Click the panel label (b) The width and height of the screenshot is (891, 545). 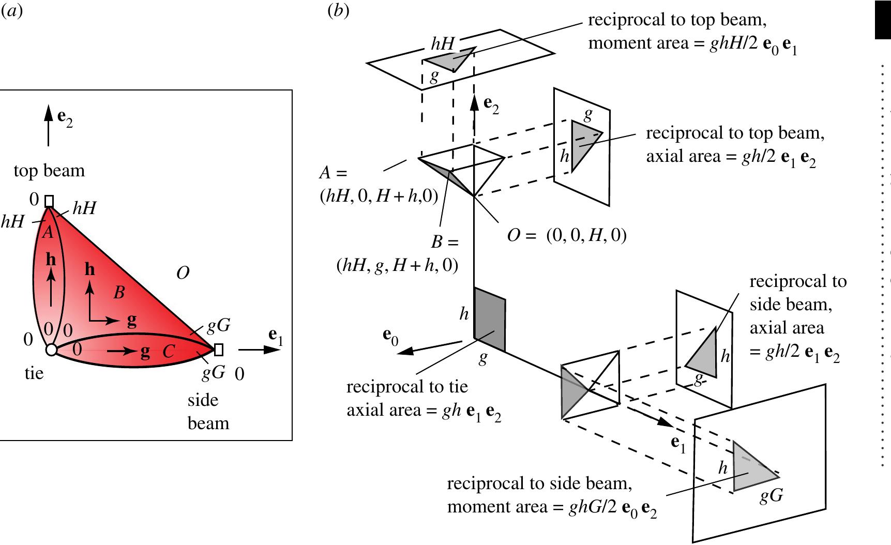coord(338,11)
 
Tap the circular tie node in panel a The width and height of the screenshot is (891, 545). coord(51,350)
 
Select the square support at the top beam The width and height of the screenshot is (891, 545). coord(49,201)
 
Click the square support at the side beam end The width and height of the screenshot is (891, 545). coord(219,350)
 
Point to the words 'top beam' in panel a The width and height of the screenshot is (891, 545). coord(49,171)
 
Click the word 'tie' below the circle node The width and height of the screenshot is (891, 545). coord(34,373)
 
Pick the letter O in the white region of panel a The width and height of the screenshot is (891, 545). coord(183,273)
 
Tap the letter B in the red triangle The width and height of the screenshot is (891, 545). coord(119,293)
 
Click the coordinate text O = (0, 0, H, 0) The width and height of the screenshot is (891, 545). coord(567,236)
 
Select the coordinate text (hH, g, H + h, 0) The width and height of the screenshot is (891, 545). coord(397,266)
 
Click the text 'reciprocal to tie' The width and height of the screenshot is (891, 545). coord(407,387)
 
